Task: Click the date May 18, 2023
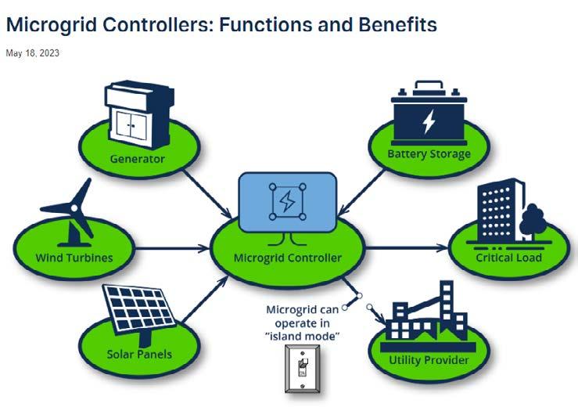pos(32,53)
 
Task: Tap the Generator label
pos(138,159)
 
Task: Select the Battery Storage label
pos(429,153)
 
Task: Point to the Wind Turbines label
pos(74,258)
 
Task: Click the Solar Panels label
pos(139,354)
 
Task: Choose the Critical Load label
pos(508,257)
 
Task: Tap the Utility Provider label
pos(429,360)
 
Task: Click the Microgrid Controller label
pos(287,258)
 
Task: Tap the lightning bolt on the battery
pos(429,121)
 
